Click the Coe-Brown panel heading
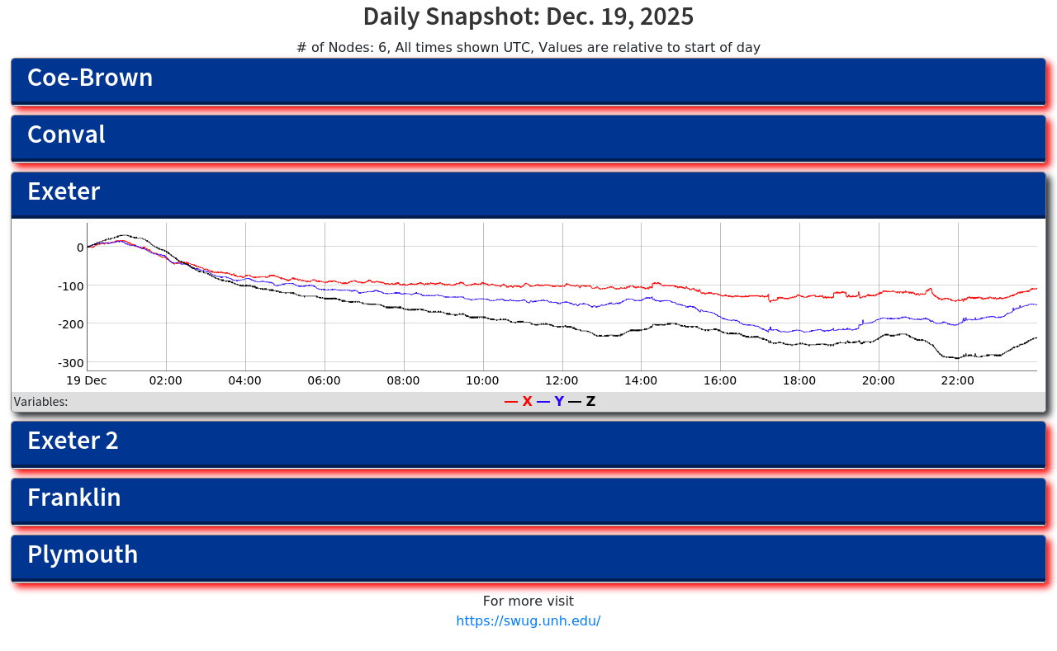coord(90,78)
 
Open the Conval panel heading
coord(66,135)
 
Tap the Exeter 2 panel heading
coord(73,441)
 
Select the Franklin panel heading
coord(74,498)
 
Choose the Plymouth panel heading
coord(83,555)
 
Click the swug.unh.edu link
coord(528,621)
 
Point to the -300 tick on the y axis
coord(70,363)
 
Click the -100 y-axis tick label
coord(70,286)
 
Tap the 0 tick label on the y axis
coord(80,248)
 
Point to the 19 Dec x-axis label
coord(87,381)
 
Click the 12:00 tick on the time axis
coord(562,381)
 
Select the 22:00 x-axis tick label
coord(958,381)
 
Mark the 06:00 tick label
coord(324,381)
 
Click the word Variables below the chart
coord(40,403)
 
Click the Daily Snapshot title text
coord(528,17)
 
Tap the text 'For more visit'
coord(528,601)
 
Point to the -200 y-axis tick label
coord(70,324)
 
